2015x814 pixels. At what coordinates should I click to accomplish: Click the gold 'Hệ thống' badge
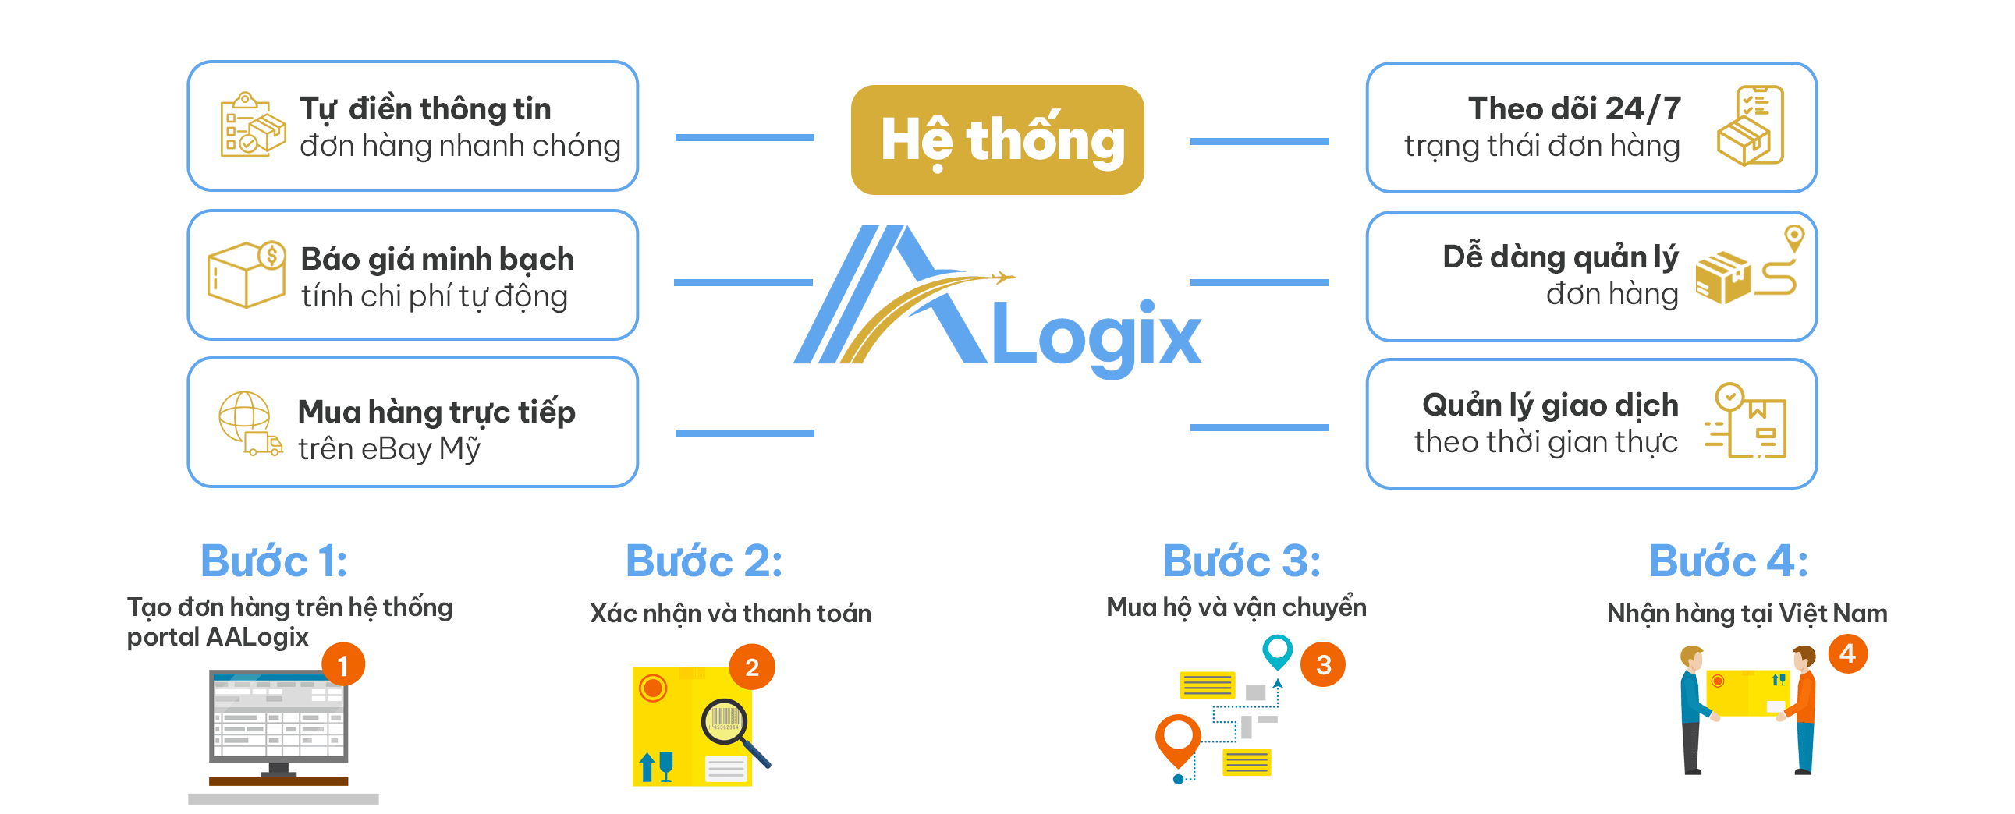tap(996, 140)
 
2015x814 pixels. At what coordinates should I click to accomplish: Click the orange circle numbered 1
tap(343, 664)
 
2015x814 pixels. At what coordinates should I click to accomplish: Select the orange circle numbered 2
tap(752, 667)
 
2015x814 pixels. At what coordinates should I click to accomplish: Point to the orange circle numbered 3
tap(1323, 664)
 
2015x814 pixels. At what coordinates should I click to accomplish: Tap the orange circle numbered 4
tap(1847, 653)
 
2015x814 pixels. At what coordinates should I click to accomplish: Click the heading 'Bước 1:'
tap(274, 561)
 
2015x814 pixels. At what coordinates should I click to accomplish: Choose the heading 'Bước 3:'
tap(1241, 561)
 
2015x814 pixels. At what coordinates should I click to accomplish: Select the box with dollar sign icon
tap(247, 274)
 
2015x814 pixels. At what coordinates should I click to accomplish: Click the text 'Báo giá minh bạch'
tap(438, 259)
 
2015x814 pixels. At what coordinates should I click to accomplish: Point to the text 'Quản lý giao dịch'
tap(1549, 405)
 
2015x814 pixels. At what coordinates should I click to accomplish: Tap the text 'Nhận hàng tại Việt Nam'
tap(1747, 613)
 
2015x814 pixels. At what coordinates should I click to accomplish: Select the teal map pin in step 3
tap(1277, 649)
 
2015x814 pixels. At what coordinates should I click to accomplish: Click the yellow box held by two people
tap(1747, 692)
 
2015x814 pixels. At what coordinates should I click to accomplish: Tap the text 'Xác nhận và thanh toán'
tap(730, 613)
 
